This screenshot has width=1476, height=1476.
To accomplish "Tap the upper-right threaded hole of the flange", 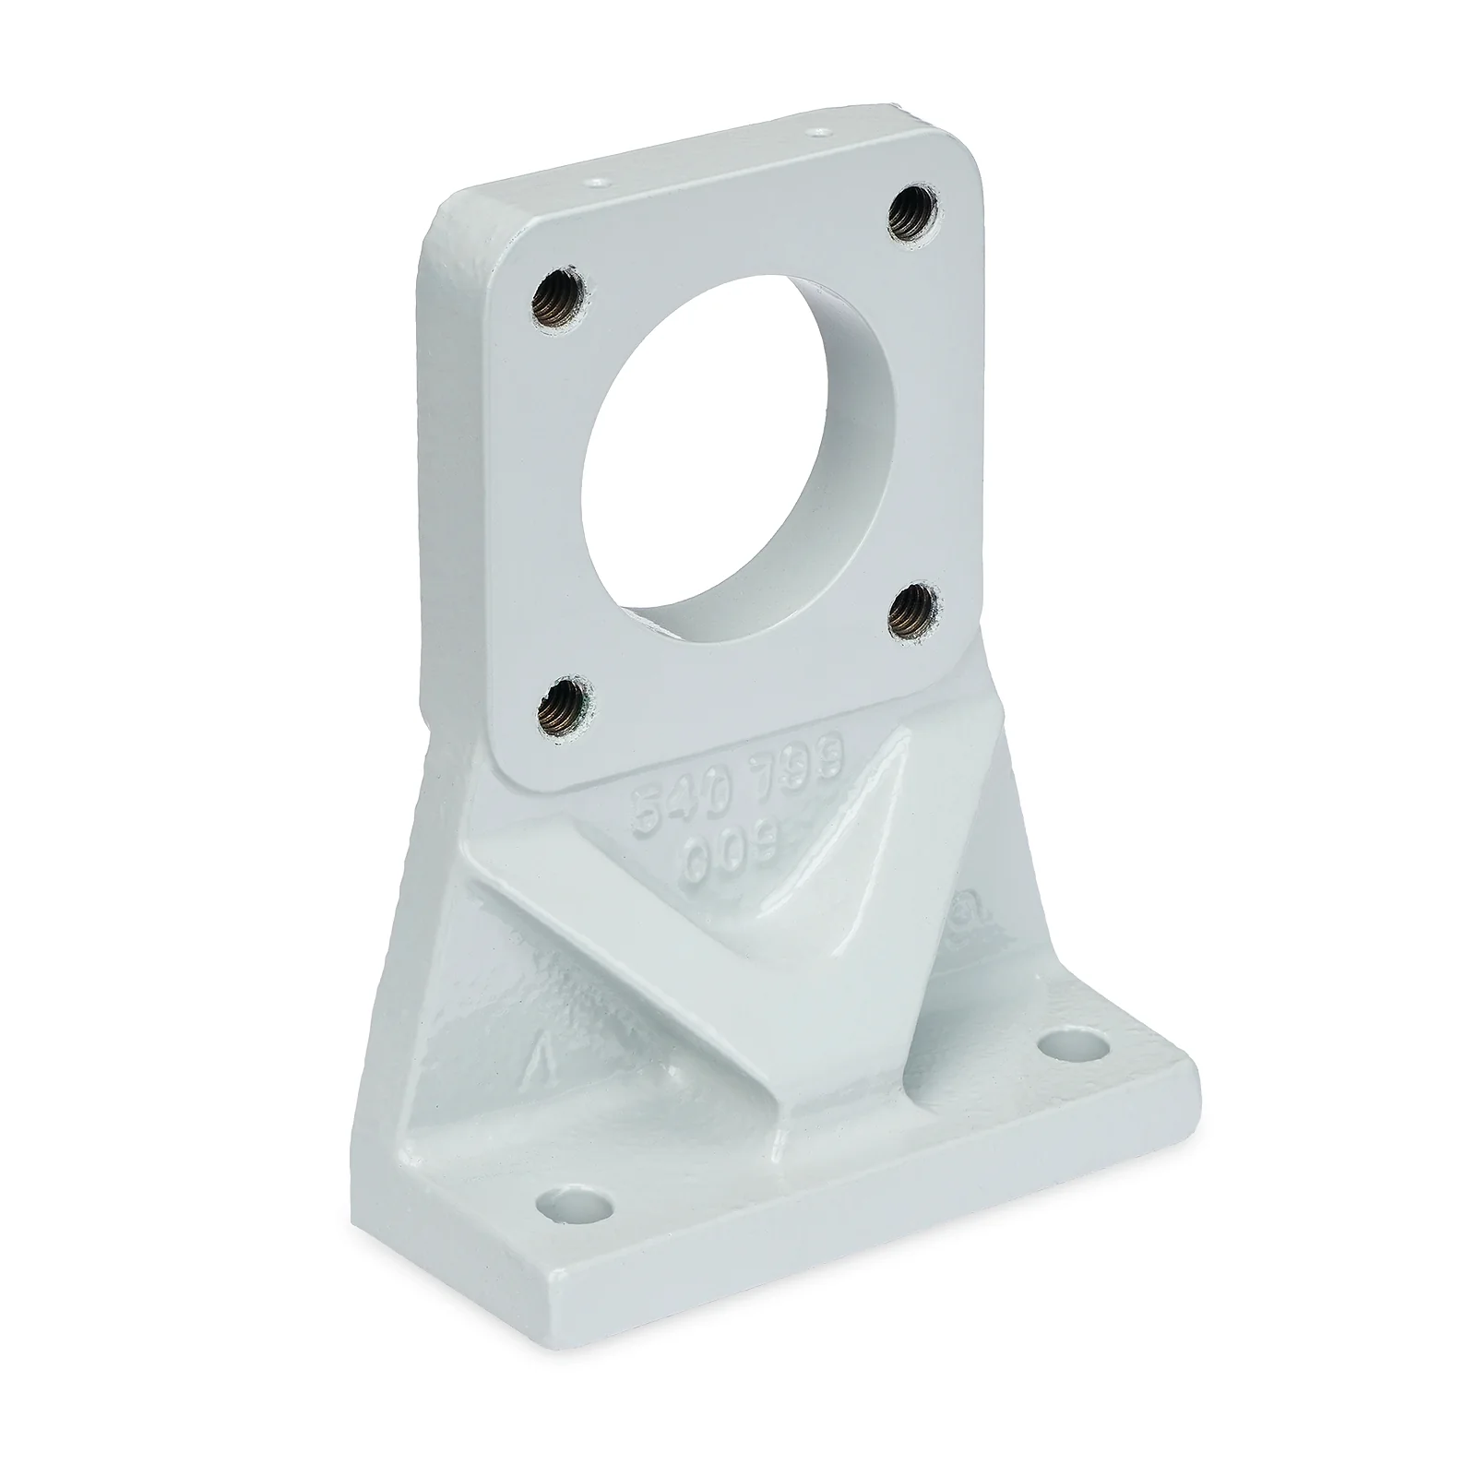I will [913, 215].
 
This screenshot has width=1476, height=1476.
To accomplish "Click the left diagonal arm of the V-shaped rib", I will [637, 950].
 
